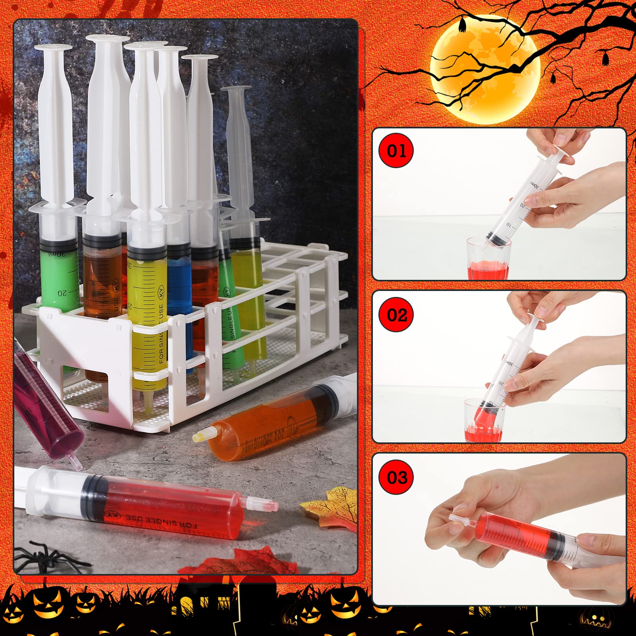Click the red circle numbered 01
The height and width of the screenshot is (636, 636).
coord(396,151)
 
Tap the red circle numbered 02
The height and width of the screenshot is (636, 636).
coord(397,315)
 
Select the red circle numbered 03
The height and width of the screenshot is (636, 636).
coord(396,477)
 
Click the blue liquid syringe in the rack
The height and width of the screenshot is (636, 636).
coord(180,286)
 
